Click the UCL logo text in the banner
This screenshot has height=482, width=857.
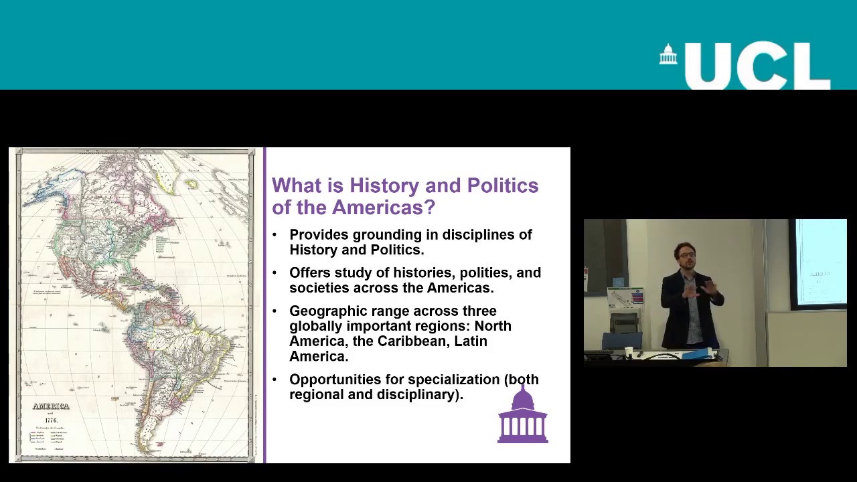pyautogui.click(x=757, y=66)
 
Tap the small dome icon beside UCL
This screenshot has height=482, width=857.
pyautogui.click(x=668, y=55)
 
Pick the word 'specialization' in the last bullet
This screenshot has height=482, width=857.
pyautogui.click(x=453, y=380)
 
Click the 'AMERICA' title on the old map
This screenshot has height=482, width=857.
pyautogui.click(x=51, y=406)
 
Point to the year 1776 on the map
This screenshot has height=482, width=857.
pyautogui.click(x=51, y=420)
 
